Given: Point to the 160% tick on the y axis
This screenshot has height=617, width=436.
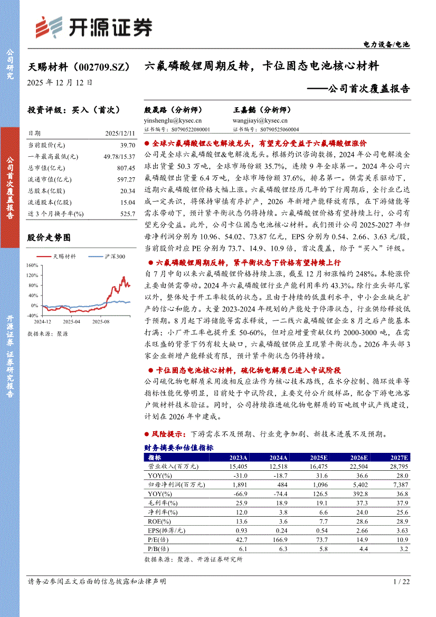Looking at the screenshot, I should [32, 265].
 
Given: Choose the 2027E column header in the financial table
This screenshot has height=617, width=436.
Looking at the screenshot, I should [400, 458].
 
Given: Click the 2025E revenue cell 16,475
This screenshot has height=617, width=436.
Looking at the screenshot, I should [317, 467].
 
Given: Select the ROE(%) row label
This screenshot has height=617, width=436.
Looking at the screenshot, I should [157, 520].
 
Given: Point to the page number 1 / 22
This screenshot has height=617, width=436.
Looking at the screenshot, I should [402, 581].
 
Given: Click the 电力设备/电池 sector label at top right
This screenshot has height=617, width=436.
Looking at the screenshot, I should [386, 45].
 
